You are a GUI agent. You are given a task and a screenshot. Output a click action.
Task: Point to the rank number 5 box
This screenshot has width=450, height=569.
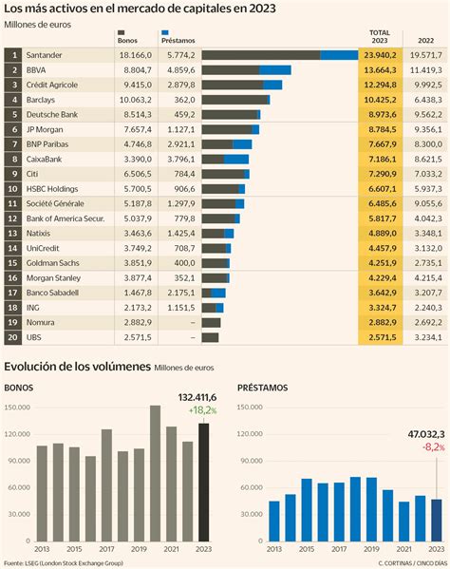pyautogui.click(x=13, y=115)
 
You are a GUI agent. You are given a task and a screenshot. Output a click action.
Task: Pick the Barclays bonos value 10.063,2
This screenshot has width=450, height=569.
pyautogui.click(x=131, y=100)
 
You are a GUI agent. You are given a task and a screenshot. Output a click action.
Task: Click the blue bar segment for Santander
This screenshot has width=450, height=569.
pyautogui.click(x=338, y=55)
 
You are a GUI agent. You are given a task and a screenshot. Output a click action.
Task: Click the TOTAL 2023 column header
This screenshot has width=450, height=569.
pyautogui.click(x=379, y=36)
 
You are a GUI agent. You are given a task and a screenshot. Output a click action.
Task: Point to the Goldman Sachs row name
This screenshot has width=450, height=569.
pyautogui.click(x=52, y=263)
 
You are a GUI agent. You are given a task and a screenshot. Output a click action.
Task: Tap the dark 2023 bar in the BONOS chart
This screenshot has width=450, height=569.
pyautogui.click(x=204, y=484)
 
